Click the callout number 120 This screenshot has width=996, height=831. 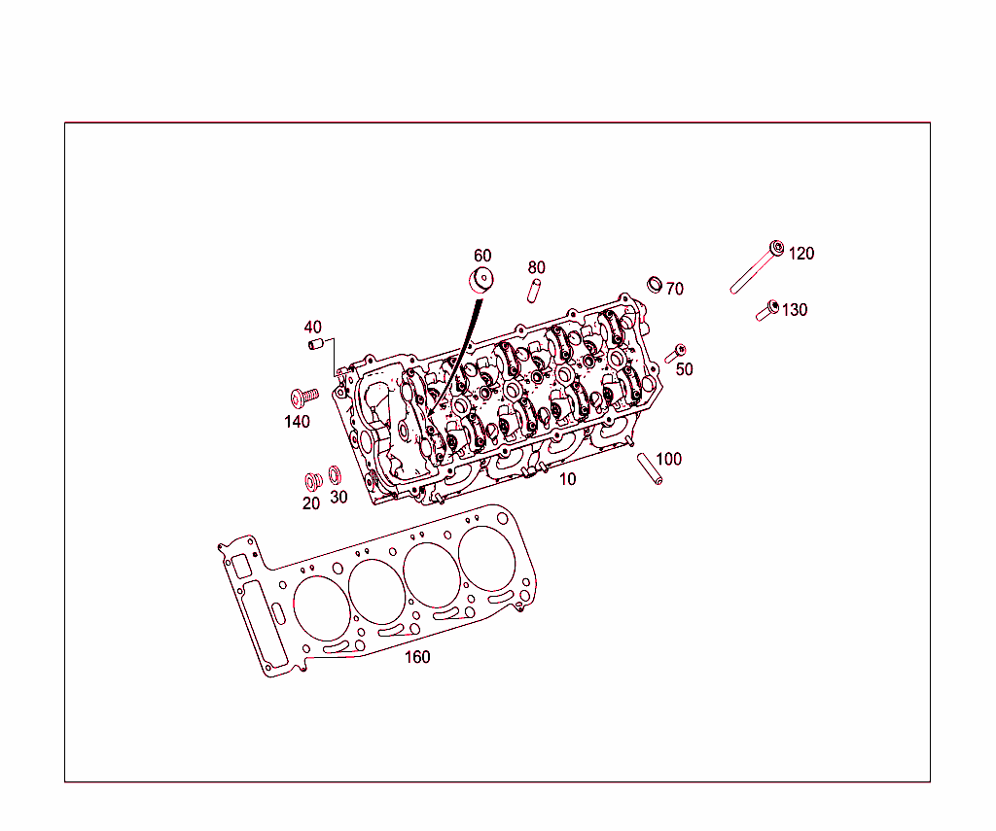[800, 254]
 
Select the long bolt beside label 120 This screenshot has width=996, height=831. [755, 269]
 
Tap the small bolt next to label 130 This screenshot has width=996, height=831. [766, 311]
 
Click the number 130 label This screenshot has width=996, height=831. [794, 310]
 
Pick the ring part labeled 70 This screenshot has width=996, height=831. [656, 284]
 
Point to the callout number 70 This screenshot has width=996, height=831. [675, 290]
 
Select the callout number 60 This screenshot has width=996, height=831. [482, 256]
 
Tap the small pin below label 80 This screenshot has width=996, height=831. [534, 290]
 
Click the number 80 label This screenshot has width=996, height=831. [536, 267]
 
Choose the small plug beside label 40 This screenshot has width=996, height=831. [314, 344]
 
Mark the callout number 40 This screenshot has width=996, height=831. [312, 327]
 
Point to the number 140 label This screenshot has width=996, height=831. [297, 422]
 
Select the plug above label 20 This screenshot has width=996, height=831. [312, 481]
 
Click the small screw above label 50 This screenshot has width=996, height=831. [677, 352]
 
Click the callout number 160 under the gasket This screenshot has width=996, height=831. [416, 657]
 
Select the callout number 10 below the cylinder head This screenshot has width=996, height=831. [567, 479]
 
